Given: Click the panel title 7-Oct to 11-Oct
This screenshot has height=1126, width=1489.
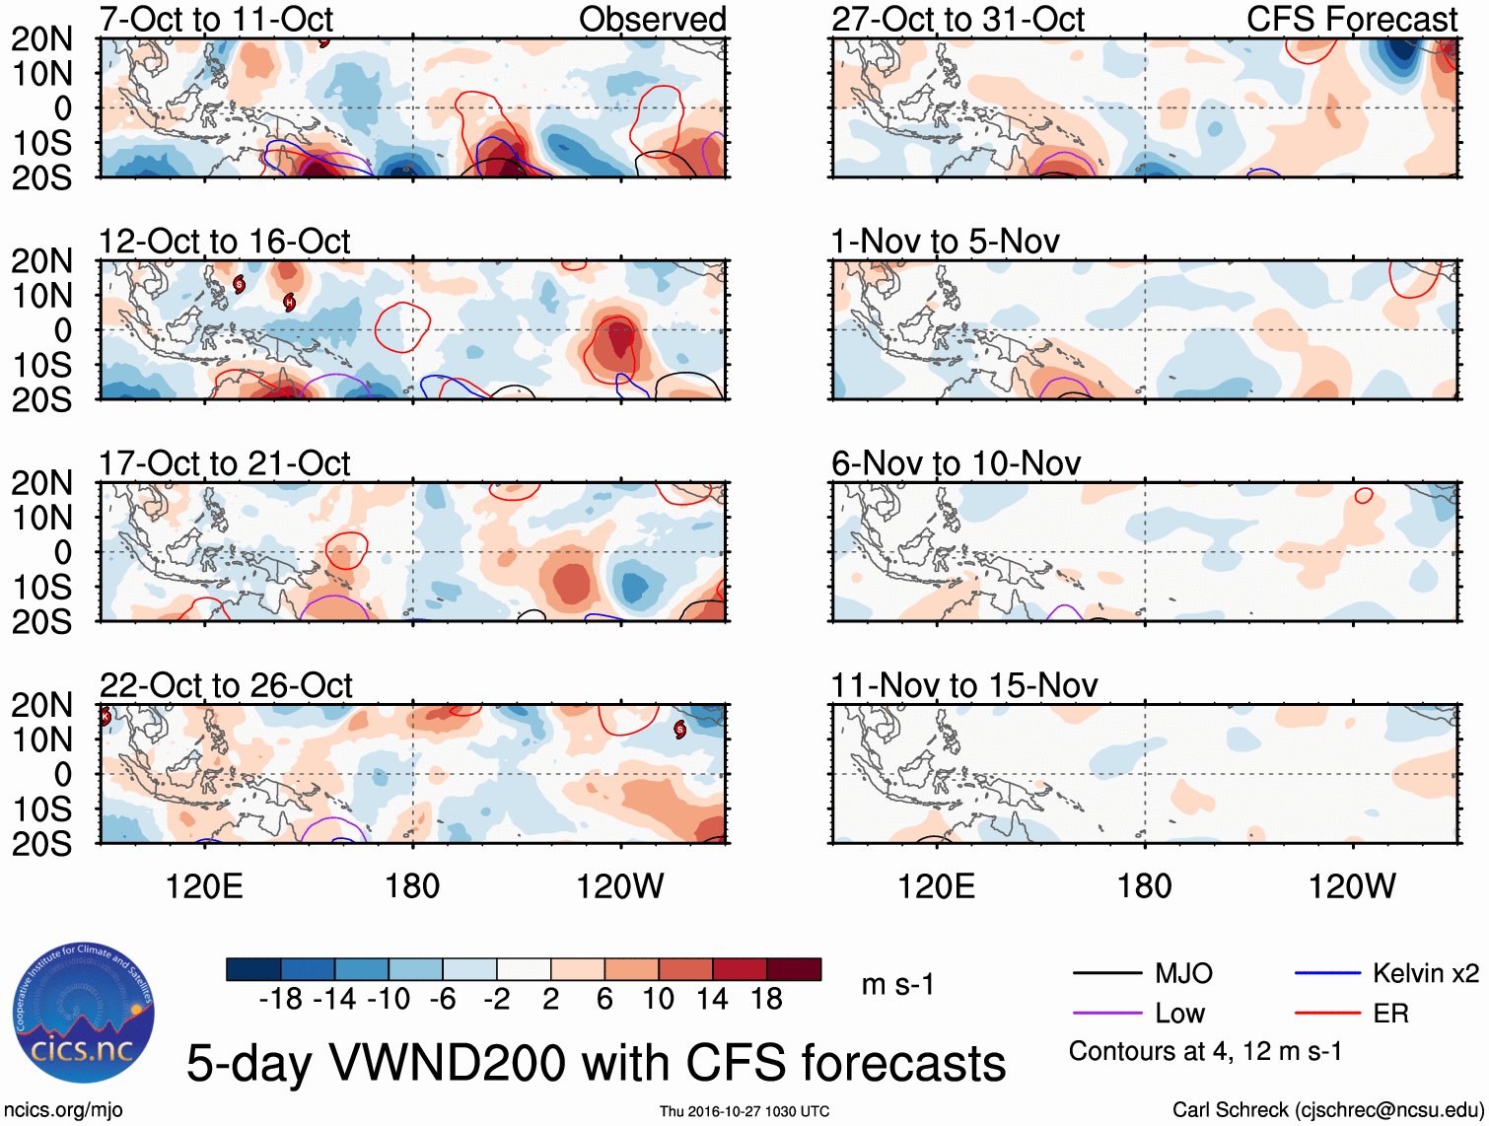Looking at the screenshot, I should (x=216, y=19).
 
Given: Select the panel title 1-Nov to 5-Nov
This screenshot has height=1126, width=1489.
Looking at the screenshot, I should (x=945, y=241).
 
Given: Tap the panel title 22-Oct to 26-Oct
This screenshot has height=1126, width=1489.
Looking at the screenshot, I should (x=226, y=684).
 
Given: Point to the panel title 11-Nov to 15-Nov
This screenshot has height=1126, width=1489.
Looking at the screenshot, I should (x=963, y=684).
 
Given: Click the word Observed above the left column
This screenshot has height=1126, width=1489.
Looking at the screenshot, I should (x=652, y=19).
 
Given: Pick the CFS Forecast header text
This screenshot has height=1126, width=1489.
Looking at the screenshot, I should (x=1351, y=19).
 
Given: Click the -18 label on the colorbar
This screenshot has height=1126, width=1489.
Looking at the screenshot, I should (x=281, y=999).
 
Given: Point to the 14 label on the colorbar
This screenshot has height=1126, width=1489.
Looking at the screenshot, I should (x=712, y=999).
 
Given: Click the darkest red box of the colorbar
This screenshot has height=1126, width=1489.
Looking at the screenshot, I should (x=794, y=969).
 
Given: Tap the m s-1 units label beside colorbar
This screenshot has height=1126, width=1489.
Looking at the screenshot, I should (x=897, y=984).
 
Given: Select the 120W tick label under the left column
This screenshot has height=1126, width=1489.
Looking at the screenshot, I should (x=619, y=885).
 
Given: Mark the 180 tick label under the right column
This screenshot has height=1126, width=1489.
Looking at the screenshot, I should (x=1144, y=885).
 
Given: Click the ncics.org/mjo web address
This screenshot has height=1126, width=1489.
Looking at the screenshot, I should (x=63, y=1109).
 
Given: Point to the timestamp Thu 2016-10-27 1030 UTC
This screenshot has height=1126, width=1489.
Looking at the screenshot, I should (x=744, y=1111).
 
